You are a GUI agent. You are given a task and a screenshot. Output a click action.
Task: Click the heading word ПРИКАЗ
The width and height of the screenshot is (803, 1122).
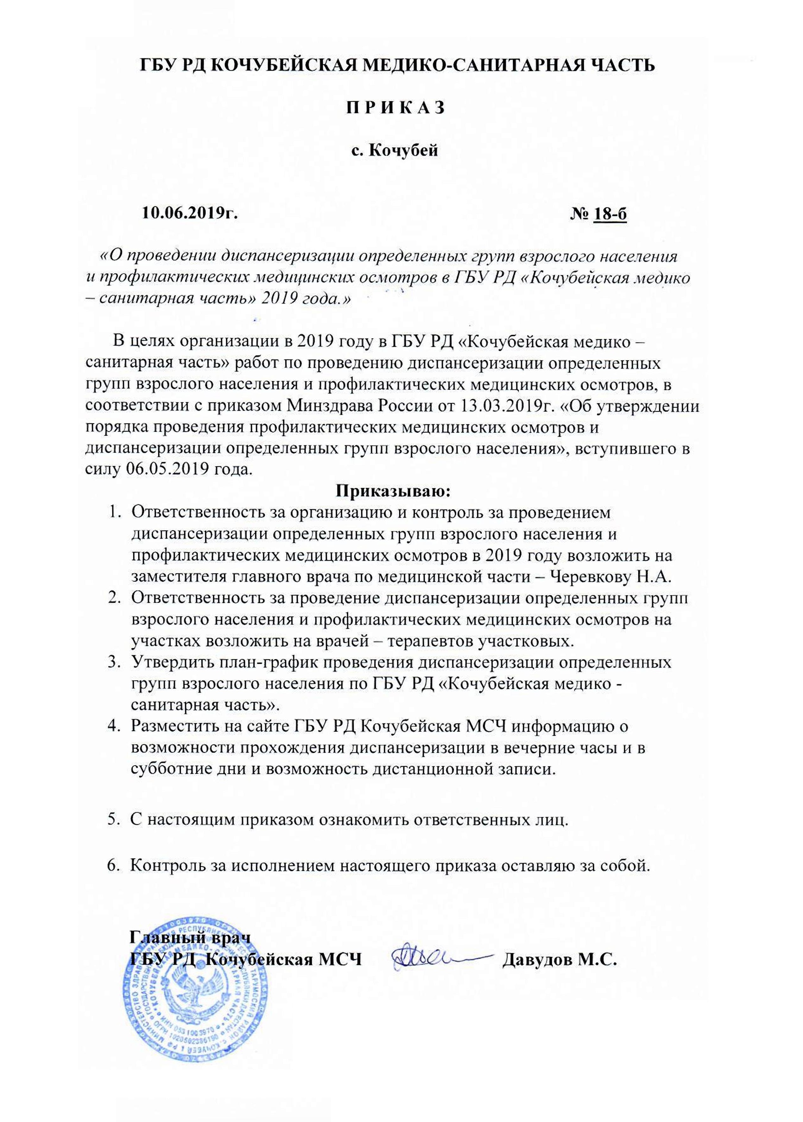tap(395, 107)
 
